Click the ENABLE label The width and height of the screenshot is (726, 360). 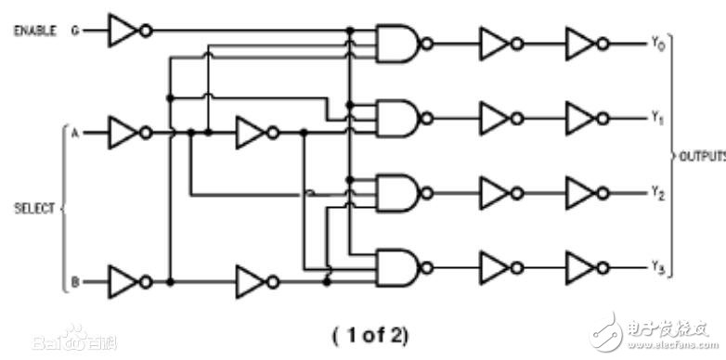click(x=35, y=31)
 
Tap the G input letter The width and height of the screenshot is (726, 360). click(x=76, y=31)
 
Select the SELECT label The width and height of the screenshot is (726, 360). click(x=35, y=208)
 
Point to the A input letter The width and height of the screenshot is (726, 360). click(x=74, y=133)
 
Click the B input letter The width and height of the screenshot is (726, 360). click(x=74, y=280)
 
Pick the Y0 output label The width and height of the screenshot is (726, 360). click(x=657, y=43)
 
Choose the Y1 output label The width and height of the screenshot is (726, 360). click(x=657, y=118)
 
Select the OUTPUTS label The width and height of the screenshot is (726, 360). click(x=703, y=155)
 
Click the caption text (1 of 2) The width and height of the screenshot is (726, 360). click(x=369, y=332)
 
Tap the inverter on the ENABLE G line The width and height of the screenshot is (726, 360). click(x=125, y=31)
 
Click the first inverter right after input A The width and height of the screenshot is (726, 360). click(x=125, y=133)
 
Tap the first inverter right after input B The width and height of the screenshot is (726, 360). click(x=125, y=280)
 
